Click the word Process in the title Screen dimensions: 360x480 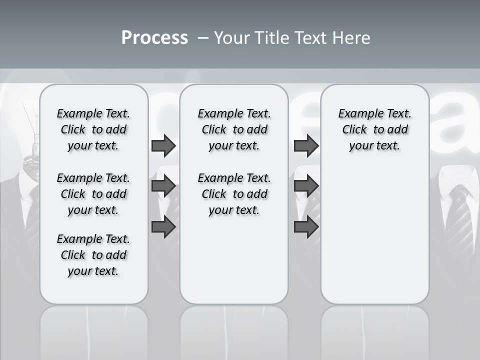[x=154, y=38]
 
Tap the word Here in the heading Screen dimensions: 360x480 [x=350, y=38]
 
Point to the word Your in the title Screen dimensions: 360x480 [x=232, y=38]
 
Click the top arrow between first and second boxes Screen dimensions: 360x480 [x=163, y=146]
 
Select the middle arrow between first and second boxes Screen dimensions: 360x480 [x=163, y=186]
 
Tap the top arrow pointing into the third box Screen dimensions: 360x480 [x=306, y=146]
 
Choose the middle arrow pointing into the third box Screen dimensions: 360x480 [x=306, y=186]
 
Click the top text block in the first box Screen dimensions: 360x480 [x=93, y=129]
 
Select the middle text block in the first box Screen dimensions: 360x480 [x=93, y=194]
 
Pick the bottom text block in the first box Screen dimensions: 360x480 [x=93, y=255]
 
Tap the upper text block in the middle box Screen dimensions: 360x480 [x=234, y=129]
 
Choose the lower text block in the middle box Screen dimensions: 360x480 [x=234, y=194]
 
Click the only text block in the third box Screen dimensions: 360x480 [x=374, y=129]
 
